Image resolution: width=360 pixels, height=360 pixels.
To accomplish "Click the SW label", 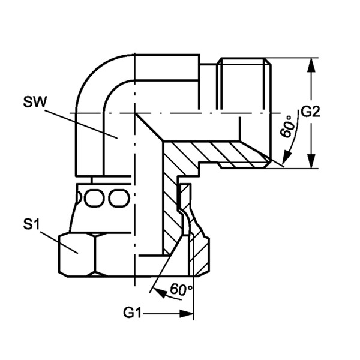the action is pos(35,102).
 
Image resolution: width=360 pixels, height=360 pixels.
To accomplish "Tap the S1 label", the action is pos(31,225).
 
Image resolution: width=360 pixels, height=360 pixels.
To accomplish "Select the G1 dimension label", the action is pos(132,313).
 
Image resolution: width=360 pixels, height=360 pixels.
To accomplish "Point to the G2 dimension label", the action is pos(310,112).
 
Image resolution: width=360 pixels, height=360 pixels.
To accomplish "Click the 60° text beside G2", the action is pos(287,127).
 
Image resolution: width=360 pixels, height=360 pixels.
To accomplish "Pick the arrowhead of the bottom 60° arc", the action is pos(160,293).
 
